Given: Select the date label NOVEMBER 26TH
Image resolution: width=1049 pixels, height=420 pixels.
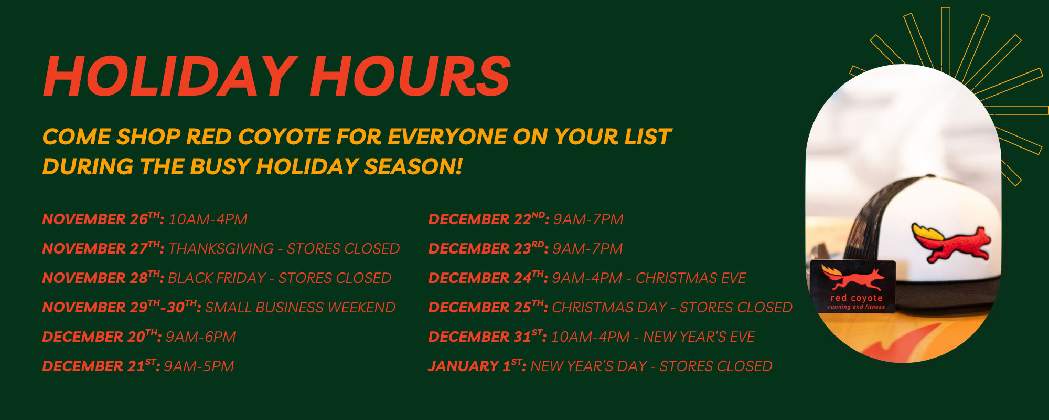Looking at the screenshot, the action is coord(103,218).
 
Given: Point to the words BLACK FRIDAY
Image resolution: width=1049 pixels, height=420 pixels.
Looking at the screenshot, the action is coord(217,278).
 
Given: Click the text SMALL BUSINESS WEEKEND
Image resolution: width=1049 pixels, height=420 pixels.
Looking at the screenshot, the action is coord(300,307).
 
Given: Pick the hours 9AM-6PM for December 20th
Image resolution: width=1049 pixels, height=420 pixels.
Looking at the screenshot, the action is coord(200,337).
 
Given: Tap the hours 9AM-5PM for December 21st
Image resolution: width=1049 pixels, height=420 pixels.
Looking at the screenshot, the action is coord(199,366).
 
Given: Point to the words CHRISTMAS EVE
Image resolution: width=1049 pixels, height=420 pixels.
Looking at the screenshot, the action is coord(691,278).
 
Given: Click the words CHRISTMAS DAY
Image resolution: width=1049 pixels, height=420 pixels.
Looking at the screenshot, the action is coord(609,307).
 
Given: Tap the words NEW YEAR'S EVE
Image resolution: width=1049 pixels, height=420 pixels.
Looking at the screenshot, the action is coord(699,337).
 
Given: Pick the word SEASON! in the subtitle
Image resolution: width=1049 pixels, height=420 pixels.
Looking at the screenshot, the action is coord(413,167).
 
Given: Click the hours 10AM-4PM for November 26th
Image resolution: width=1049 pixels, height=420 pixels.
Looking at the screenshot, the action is coord(208,219).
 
